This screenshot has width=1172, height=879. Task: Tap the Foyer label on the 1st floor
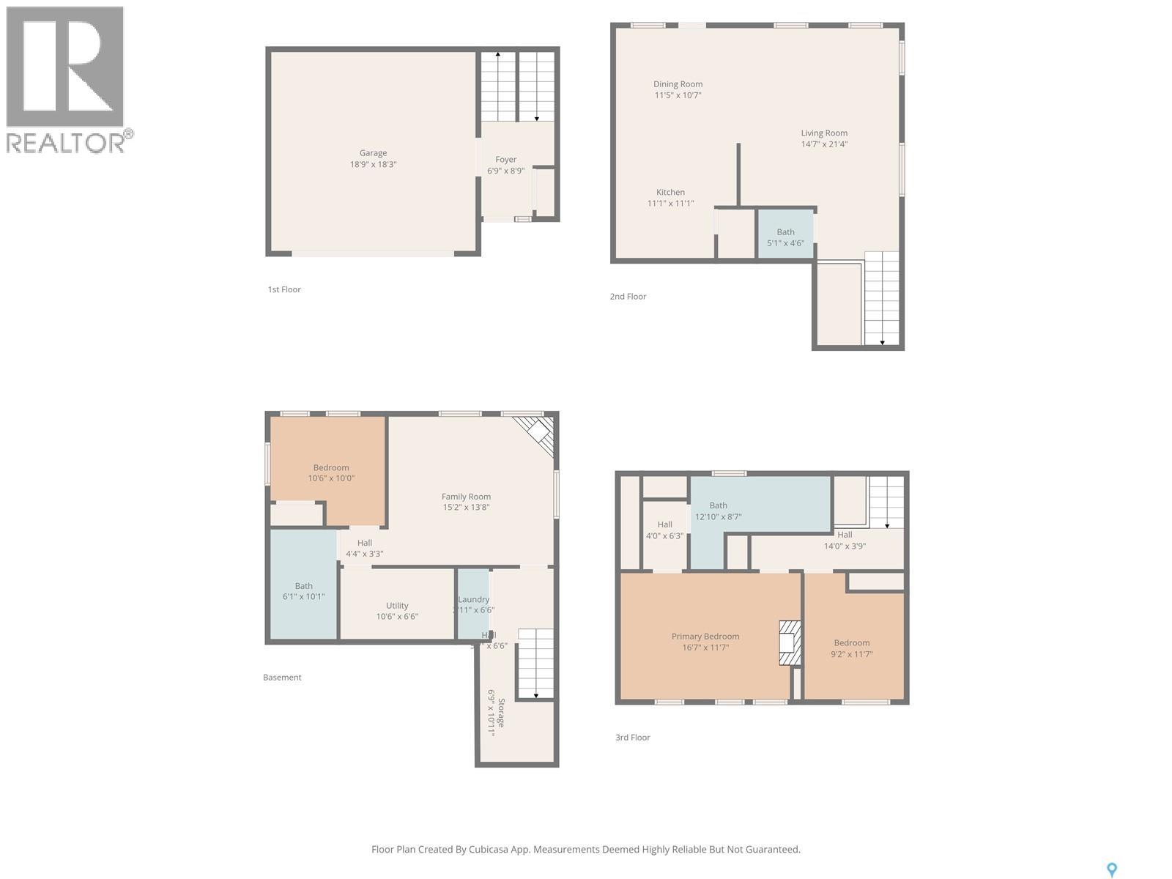pos(505,160)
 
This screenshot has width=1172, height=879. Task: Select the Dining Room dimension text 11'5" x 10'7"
pos(678,95)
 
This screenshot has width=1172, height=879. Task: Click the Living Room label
pos(824,133)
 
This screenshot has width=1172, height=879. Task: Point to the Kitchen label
pos(670,193)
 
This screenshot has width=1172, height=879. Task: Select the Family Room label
pos(466,497)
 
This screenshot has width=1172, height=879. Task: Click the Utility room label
pos(397,606)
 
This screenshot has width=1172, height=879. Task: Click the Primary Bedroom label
pos(705,637)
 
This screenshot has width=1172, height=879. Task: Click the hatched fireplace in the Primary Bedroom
pos(789,643)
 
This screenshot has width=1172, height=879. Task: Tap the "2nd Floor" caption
pos(628,297)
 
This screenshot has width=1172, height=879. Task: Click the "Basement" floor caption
pos(282,678)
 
